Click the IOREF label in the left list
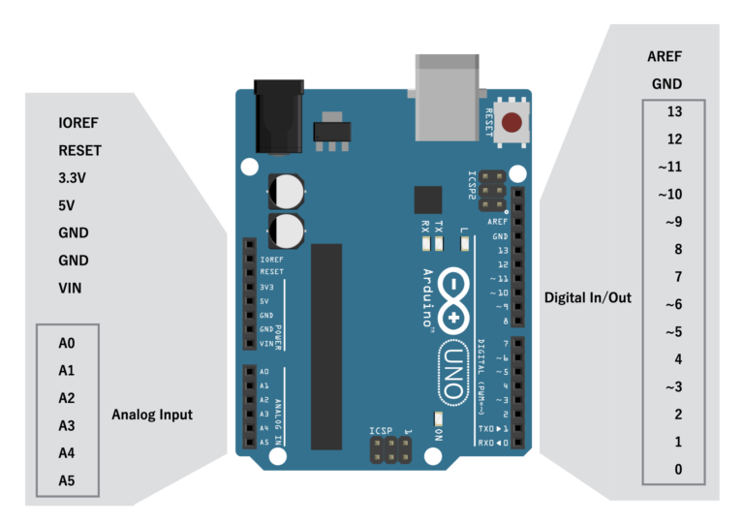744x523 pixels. coord(78,123)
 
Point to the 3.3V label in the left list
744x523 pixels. coord(73,178)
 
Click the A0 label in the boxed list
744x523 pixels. coord(67,343)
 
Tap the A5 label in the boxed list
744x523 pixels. coord(67,479)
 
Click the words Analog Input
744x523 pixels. coord(152,415)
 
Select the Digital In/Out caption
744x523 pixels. coord(587,297)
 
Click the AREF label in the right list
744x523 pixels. coord(666,56)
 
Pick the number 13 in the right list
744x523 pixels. coord(674,111)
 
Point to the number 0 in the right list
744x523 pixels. coord(678,470)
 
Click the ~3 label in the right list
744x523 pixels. coord(673,387)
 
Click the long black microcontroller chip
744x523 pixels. coord(326,346)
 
